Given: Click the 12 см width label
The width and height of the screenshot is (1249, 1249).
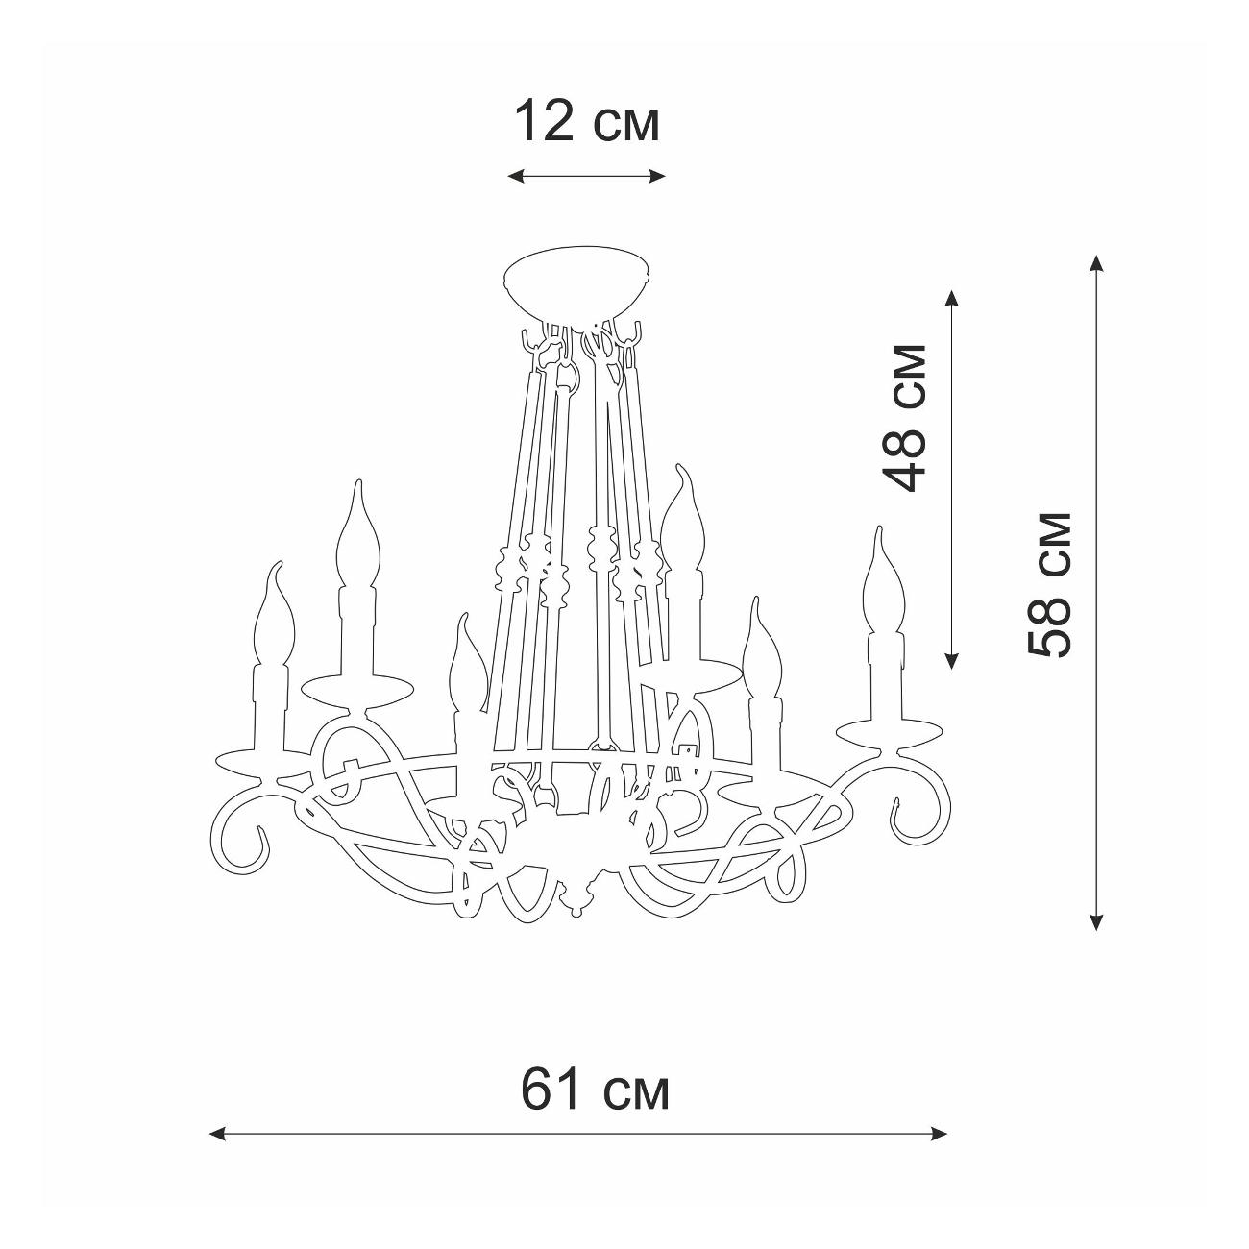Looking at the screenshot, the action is pos(587,121).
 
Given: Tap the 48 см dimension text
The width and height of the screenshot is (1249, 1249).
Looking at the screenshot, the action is pos(905,419).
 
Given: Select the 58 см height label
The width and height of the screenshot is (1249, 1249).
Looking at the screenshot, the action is pos(1048,585).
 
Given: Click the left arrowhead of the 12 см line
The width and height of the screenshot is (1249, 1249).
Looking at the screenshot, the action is pos(516,176).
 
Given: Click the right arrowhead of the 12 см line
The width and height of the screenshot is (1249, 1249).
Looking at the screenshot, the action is pos(658,176).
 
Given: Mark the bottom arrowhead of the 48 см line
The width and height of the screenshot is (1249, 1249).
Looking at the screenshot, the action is pos(951,660).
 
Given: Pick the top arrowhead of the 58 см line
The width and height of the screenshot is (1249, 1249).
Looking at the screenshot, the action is pos(1096,264).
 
